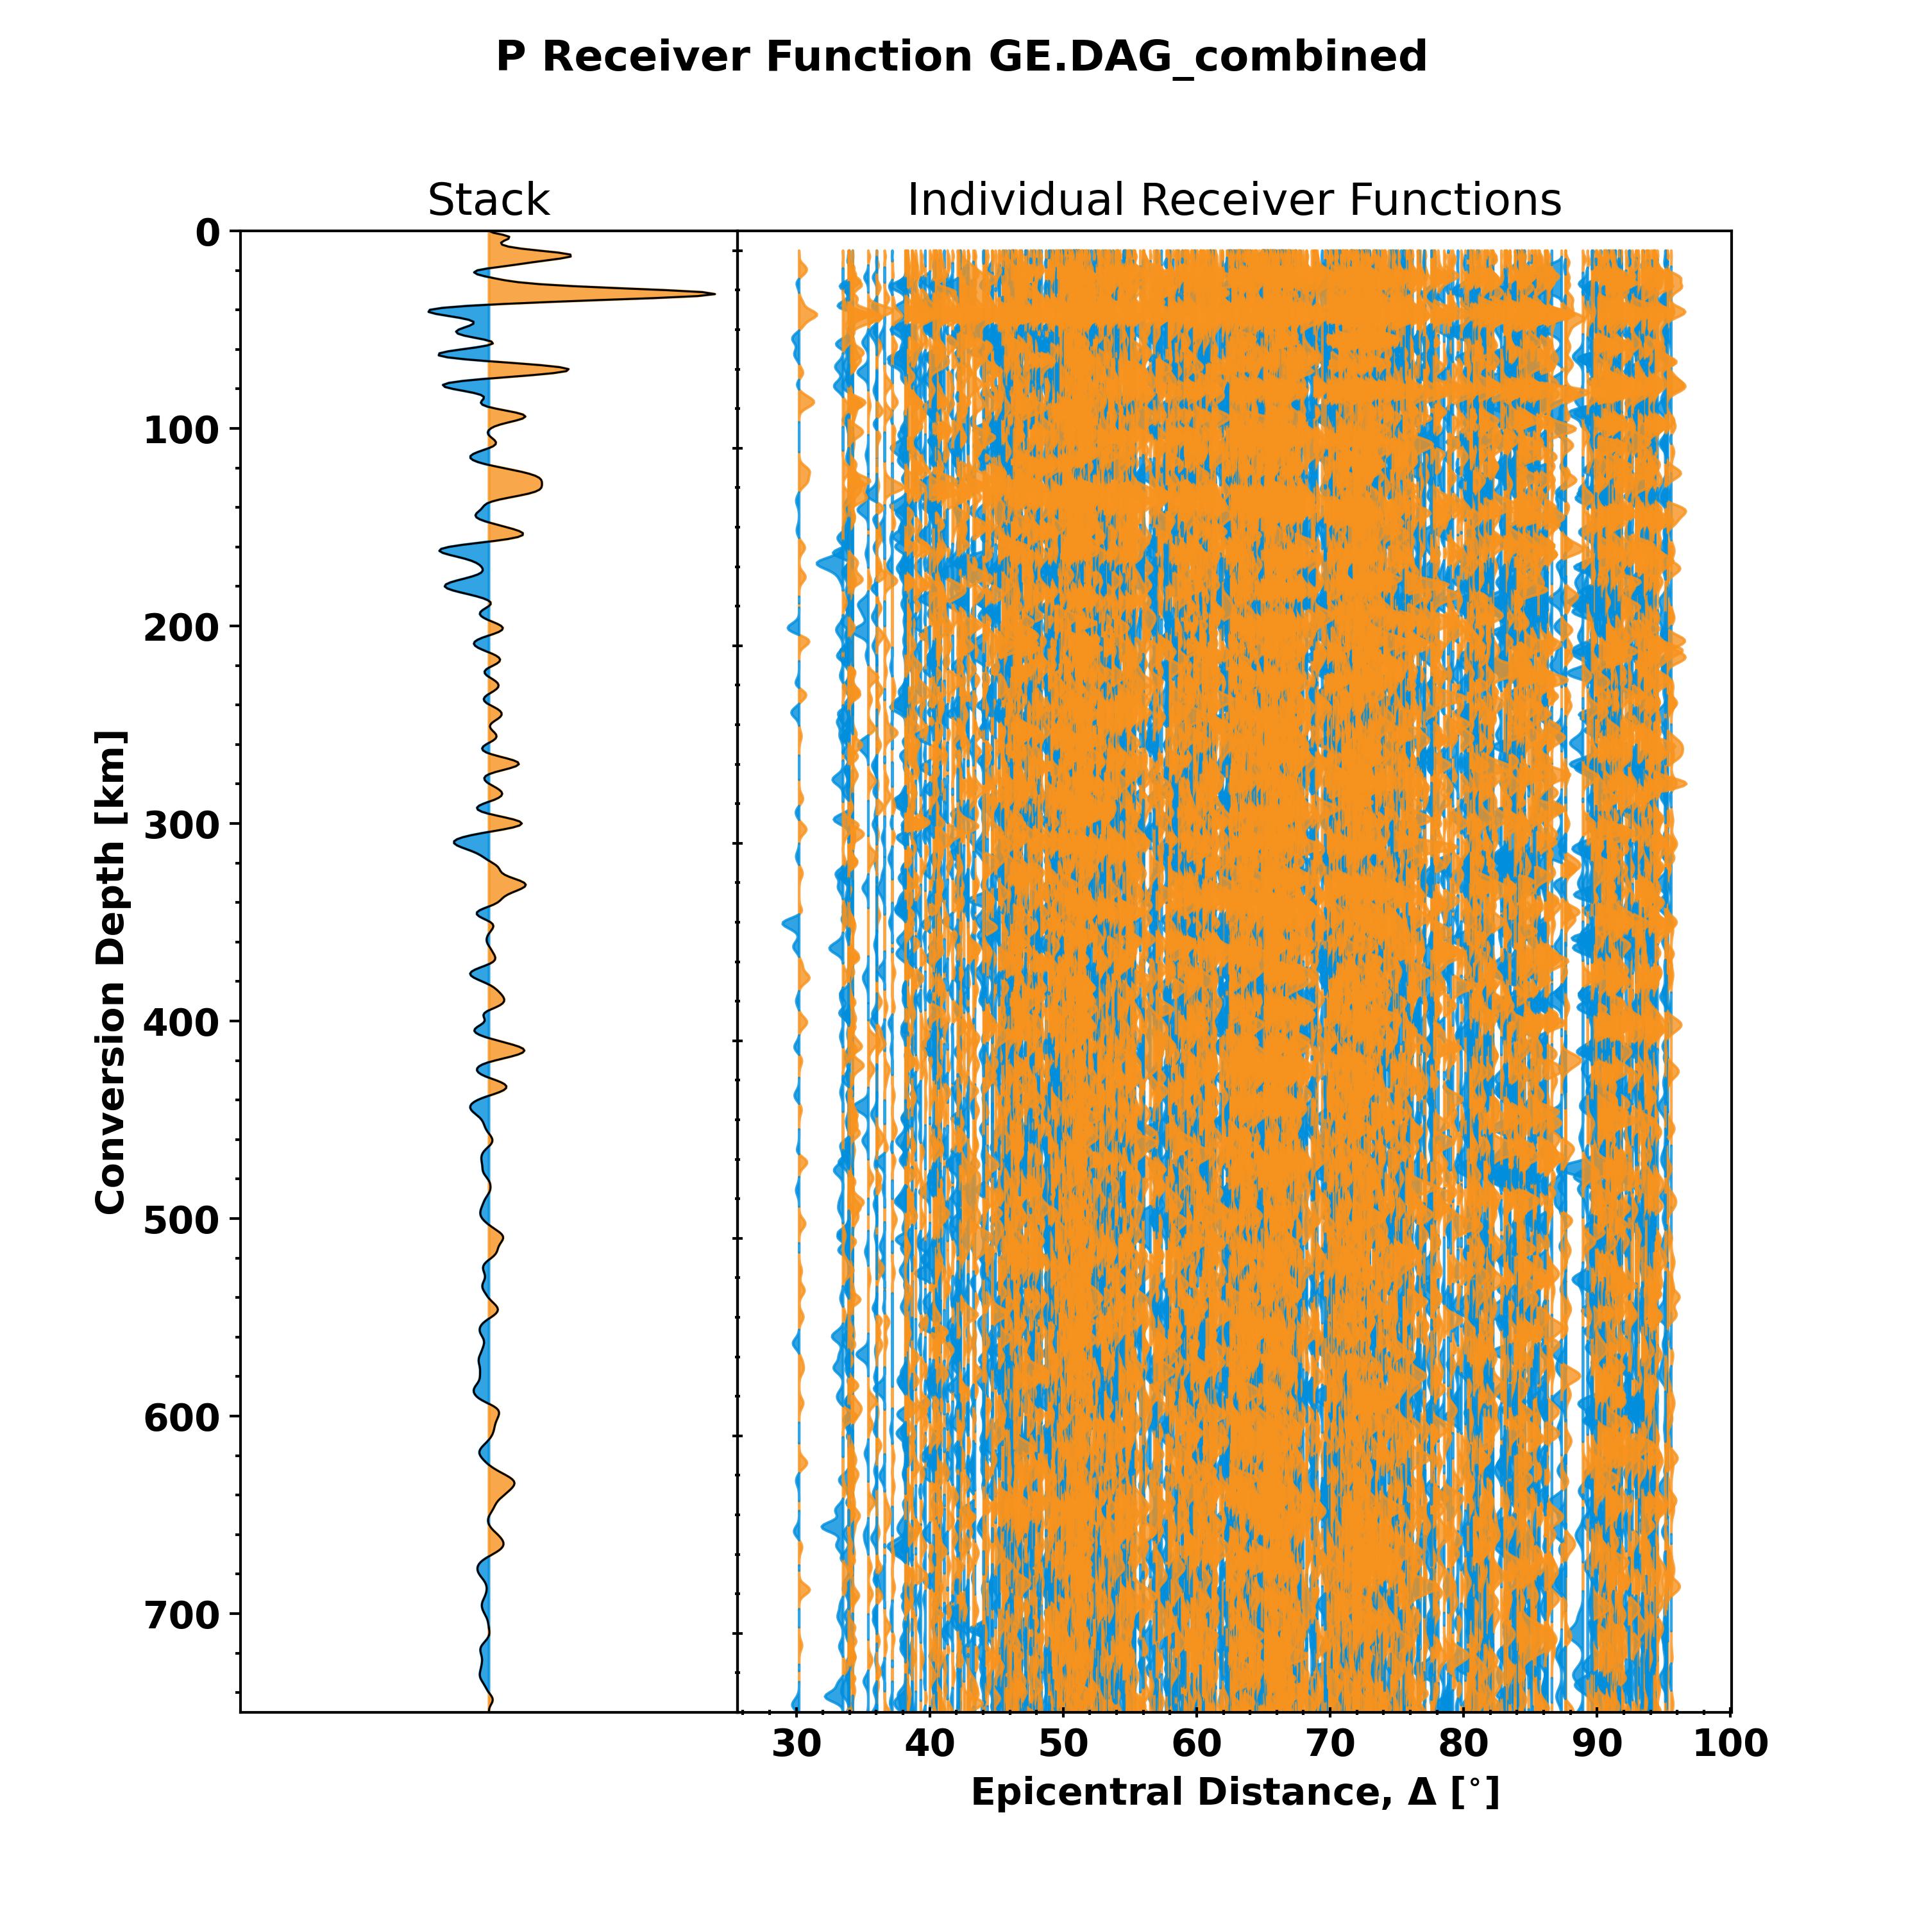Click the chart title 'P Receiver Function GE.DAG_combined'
(961, 57)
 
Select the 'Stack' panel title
(488, 200)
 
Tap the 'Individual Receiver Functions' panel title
(1234, 200)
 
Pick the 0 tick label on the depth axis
(207, 233)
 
